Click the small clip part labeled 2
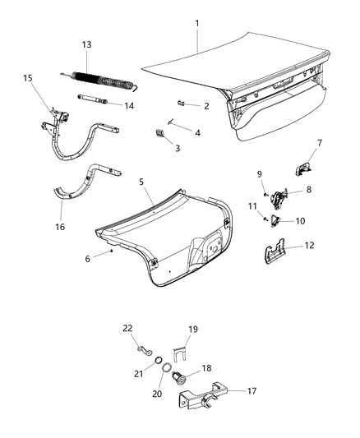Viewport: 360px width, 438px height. (x=183, y=103)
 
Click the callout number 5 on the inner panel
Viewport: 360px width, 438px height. (x=141, y=182)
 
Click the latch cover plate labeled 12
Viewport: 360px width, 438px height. (x=278, y=254)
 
